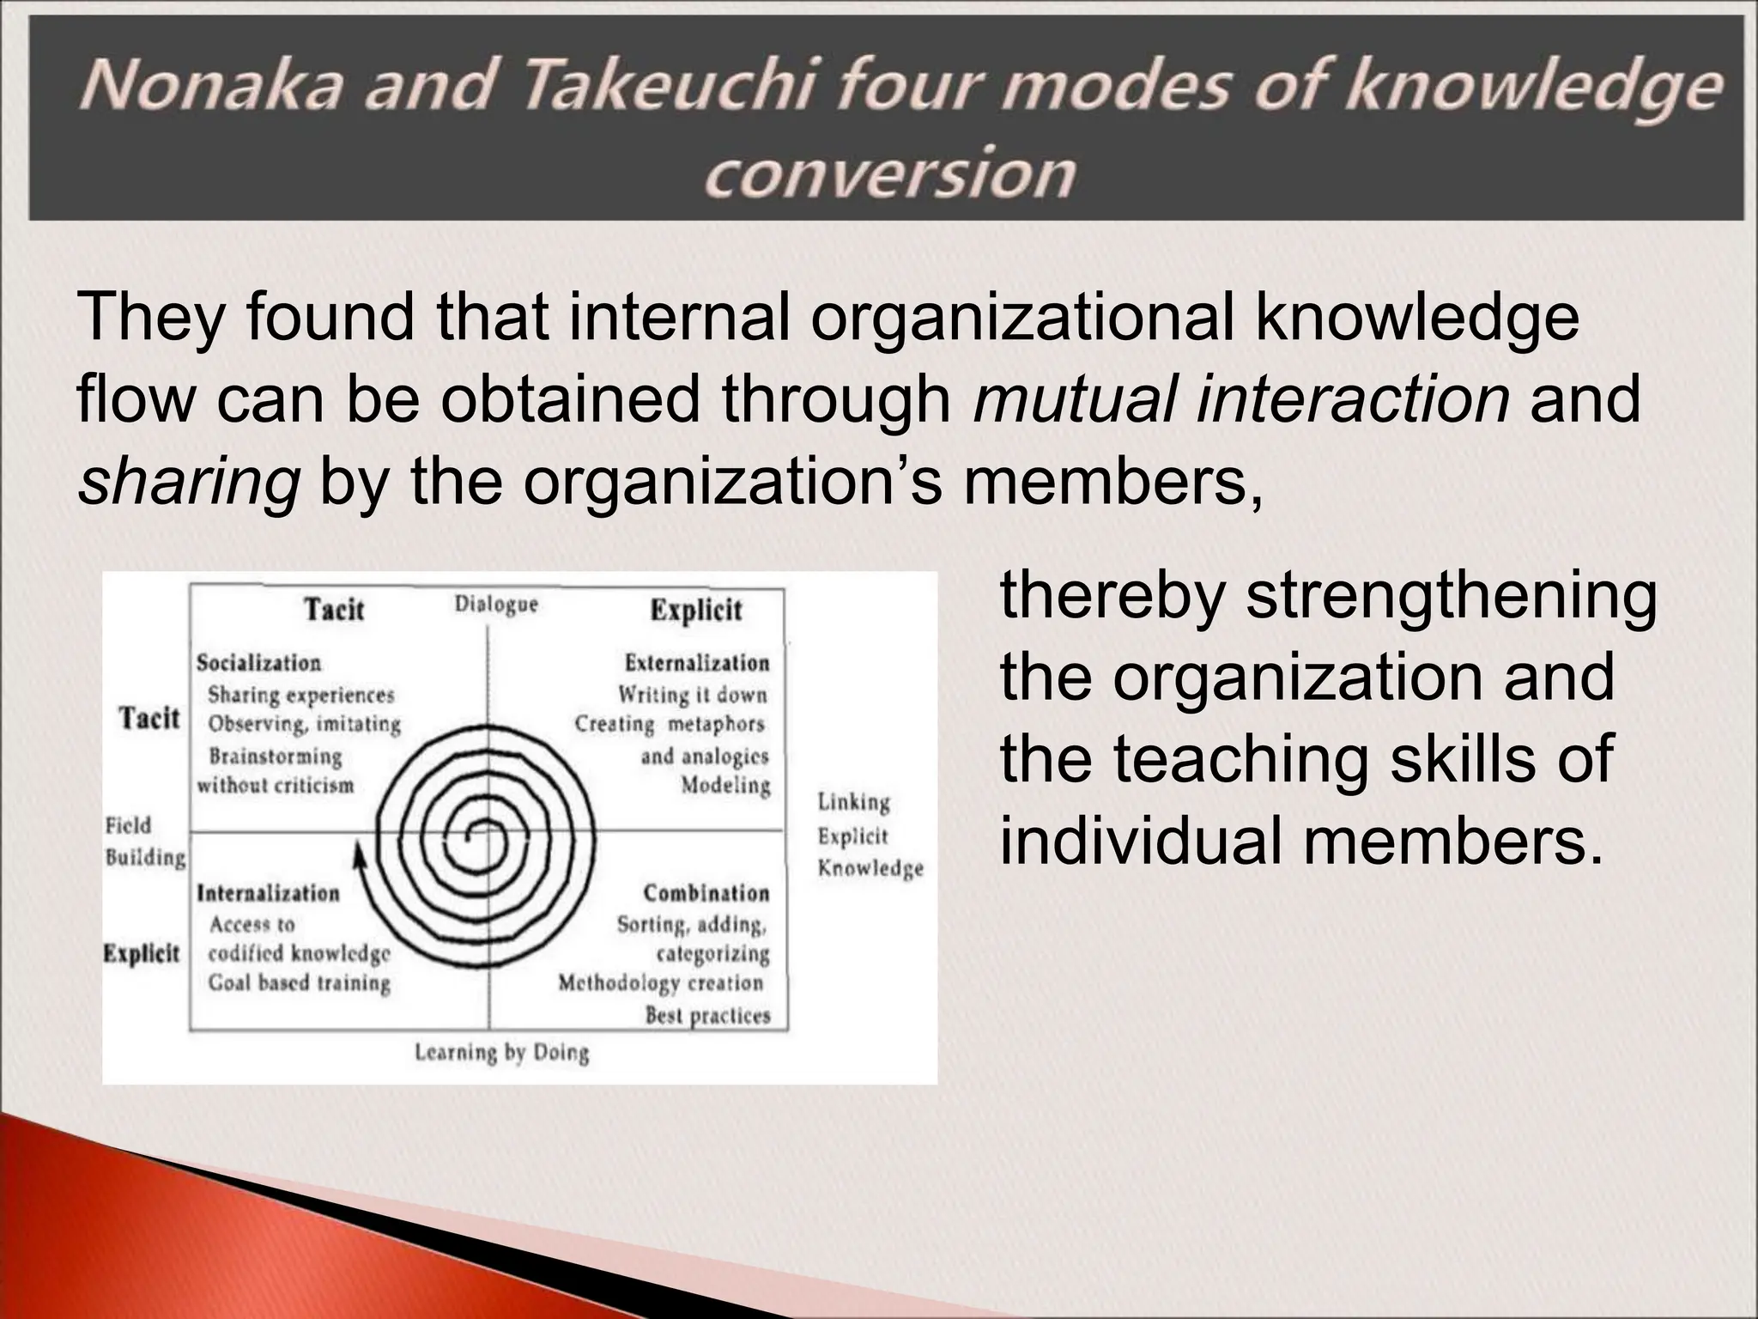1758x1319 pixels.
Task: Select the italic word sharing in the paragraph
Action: click(188, 482)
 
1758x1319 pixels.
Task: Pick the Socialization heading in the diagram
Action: click(258, 663)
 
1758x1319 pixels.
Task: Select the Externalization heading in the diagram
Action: click(696, 663)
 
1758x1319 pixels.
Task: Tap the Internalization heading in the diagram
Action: click(268, 893)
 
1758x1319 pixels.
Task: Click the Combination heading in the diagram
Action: click(706, 893)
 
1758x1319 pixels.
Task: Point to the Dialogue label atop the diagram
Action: click(495, 605)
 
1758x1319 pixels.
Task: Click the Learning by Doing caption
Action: click(502, 1053)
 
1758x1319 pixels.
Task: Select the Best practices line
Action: click(707, 1016)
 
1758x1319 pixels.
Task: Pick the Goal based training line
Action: click(299, 982)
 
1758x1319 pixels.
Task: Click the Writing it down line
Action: click(692, 694)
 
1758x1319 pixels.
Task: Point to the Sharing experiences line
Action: click(300, 694)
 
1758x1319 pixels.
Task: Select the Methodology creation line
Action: click(660, 982)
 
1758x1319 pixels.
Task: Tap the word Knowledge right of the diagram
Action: click(870, 868)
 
